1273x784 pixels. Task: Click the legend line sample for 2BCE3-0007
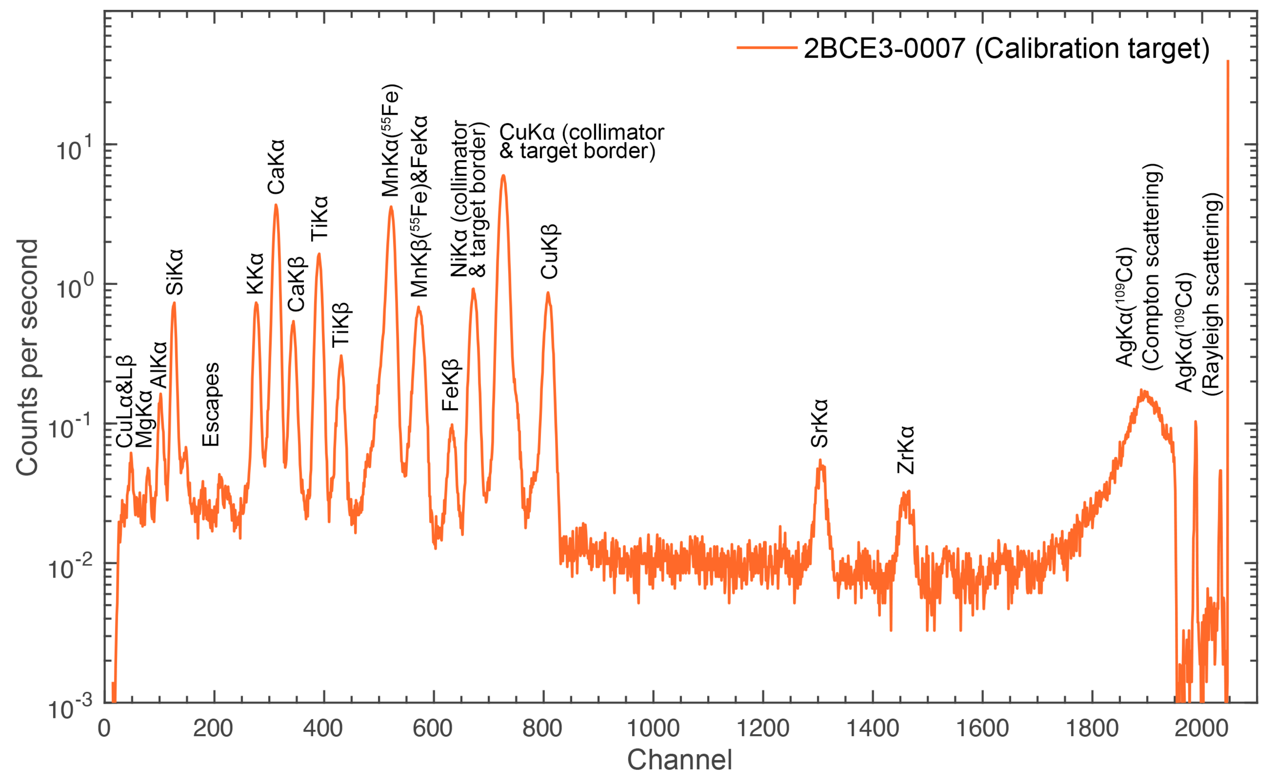pos(767,48)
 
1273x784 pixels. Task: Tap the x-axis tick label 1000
pos(653,729)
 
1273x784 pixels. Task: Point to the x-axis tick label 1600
pos(982,729)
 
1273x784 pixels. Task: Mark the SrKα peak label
pos(819,423)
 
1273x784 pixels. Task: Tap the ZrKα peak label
pos(906,450)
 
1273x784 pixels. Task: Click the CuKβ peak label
pos(549,252)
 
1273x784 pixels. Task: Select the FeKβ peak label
pos(451,385)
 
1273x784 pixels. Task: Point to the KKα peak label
pos(255,273)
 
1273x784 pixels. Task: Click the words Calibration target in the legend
pos(1093,48)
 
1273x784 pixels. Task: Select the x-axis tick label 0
pos(104,729)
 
